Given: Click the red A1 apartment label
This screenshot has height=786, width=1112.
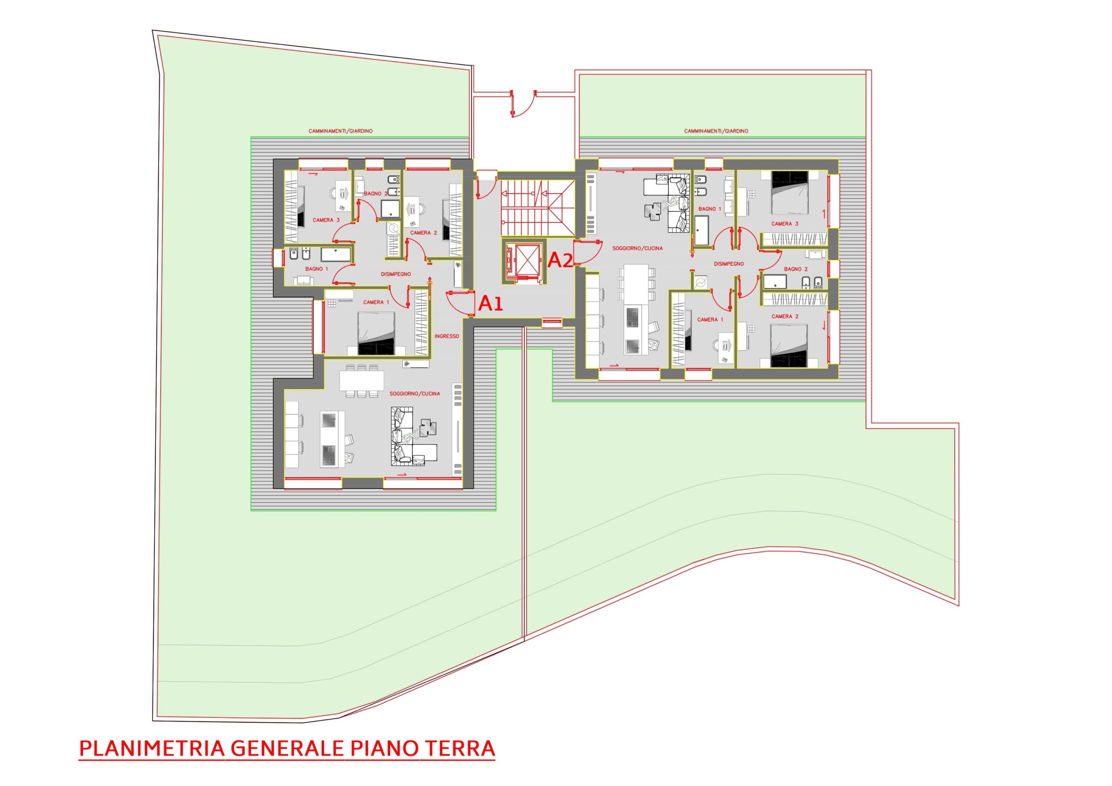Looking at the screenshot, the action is (490, 304).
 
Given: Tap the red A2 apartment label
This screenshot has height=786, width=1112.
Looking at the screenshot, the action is (560, 261).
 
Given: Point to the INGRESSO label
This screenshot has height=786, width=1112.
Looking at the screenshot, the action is (447, 336).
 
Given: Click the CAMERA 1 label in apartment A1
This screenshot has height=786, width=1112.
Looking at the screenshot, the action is (376, 302).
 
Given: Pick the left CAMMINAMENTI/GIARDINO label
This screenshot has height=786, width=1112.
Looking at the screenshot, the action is (341, 131).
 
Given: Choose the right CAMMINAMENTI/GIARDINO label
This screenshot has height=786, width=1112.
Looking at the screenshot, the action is (716, 131).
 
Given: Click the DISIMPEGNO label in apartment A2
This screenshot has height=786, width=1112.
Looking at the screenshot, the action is (729, 264).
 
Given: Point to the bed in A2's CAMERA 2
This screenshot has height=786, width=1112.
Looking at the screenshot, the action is (789, 346).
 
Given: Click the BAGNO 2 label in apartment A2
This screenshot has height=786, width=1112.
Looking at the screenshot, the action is (796, 269).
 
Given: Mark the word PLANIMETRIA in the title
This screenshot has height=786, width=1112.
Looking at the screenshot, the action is (152, 748).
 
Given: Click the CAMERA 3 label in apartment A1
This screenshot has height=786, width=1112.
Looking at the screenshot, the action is (326, 220).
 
